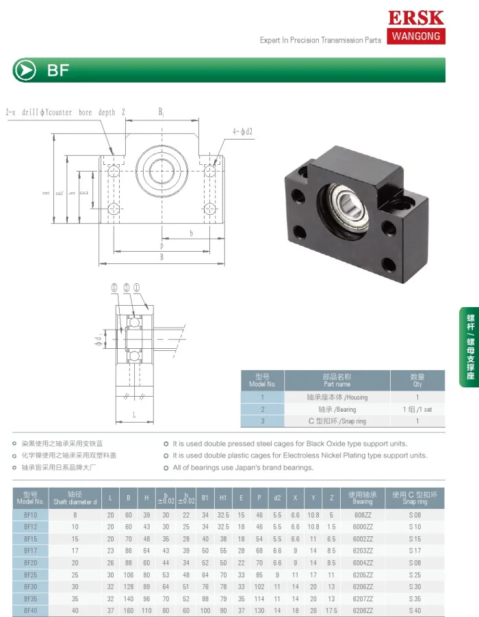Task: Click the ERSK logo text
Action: click(415, 17)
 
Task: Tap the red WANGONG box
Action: click(415, 36)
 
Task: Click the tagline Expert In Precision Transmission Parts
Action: click(320, 40)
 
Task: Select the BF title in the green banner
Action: click(58, 70)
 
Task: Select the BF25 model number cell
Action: click(31, 575)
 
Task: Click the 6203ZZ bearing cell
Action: click(363, 550)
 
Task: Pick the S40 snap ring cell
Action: click(415, 610)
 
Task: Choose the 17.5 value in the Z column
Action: click(331, 610)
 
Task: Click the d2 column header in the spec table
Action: click(276, 498)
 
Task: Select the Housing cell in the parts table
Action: click(337, 397)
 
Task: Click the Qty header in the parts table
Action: click(417, 380)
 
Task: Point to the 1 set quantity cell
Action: click(417, 409)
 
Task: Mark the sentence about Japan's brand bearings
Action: click(243, 468)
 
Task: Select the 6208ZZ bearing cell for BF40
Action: click(363, 610)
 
